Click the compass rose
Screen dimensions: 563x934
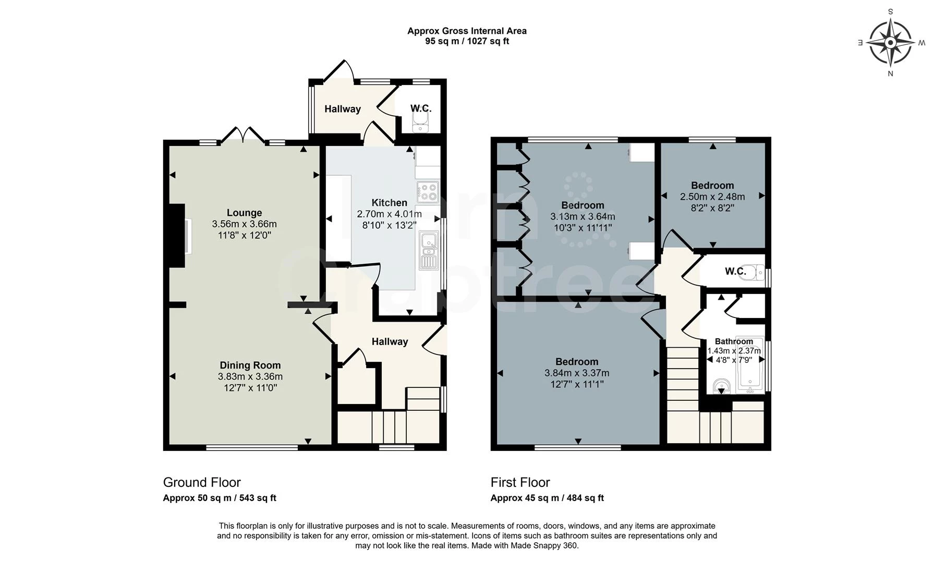[x=890, y=42]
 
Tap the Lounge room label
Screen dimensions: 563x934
[x=244, y=213]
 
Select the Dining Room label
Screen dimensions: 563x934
[x=250, y=365]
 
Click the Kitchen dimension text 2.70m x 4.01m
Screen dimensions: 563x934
[x=389, y=214]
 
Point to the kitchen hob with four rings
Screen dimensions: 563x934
[x=428, y=191]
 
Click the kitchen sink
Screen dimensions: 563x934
[x=429, y=250]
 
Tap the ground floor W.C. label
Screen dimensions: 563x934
[x=420, y=108]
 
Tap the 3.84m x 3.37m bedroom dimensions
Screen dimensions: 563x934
[x=577, y=373]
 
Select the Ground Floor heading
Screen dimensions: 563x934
[x=202, y=482]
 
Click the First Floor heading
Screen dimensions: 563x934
[x=520, y=482]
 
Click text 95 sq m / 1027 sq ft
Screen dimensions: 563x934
[x=467, y=41]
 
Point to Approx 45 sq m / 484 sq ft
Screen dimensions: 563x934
[x=547, y=498]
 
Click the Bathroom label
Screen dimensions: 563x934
[x=734, y=341]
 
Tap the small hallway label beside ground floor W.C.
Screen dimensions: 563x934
[x=343, y=109]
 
